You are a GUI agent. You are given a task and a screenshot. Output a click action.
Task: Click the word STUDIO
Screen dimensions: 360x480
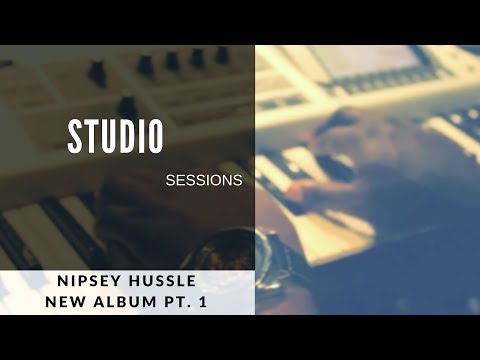coord(115,137)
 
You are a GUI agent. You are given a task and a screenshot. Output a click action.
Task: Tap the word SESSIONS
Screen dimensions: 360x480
coord(204,182)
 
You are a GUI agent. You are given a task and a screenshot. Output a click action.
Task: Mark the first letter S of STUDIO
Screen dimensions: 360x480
coord(74,137)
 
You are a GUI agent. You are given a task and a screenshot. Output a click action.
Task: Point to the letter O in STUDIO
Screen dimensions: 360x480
coord(155,137)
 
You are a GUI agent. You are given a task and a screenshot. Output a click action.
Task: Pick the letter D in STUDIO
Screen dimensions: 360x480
coord(125,137)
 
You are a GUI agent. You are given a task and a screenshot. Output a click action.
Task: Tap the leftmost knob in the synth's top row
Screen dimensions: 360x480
coord(97,70)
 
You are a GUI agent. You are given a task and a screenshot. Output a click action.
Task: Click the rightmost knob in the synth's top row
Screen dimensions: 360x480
coord(222,55)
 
